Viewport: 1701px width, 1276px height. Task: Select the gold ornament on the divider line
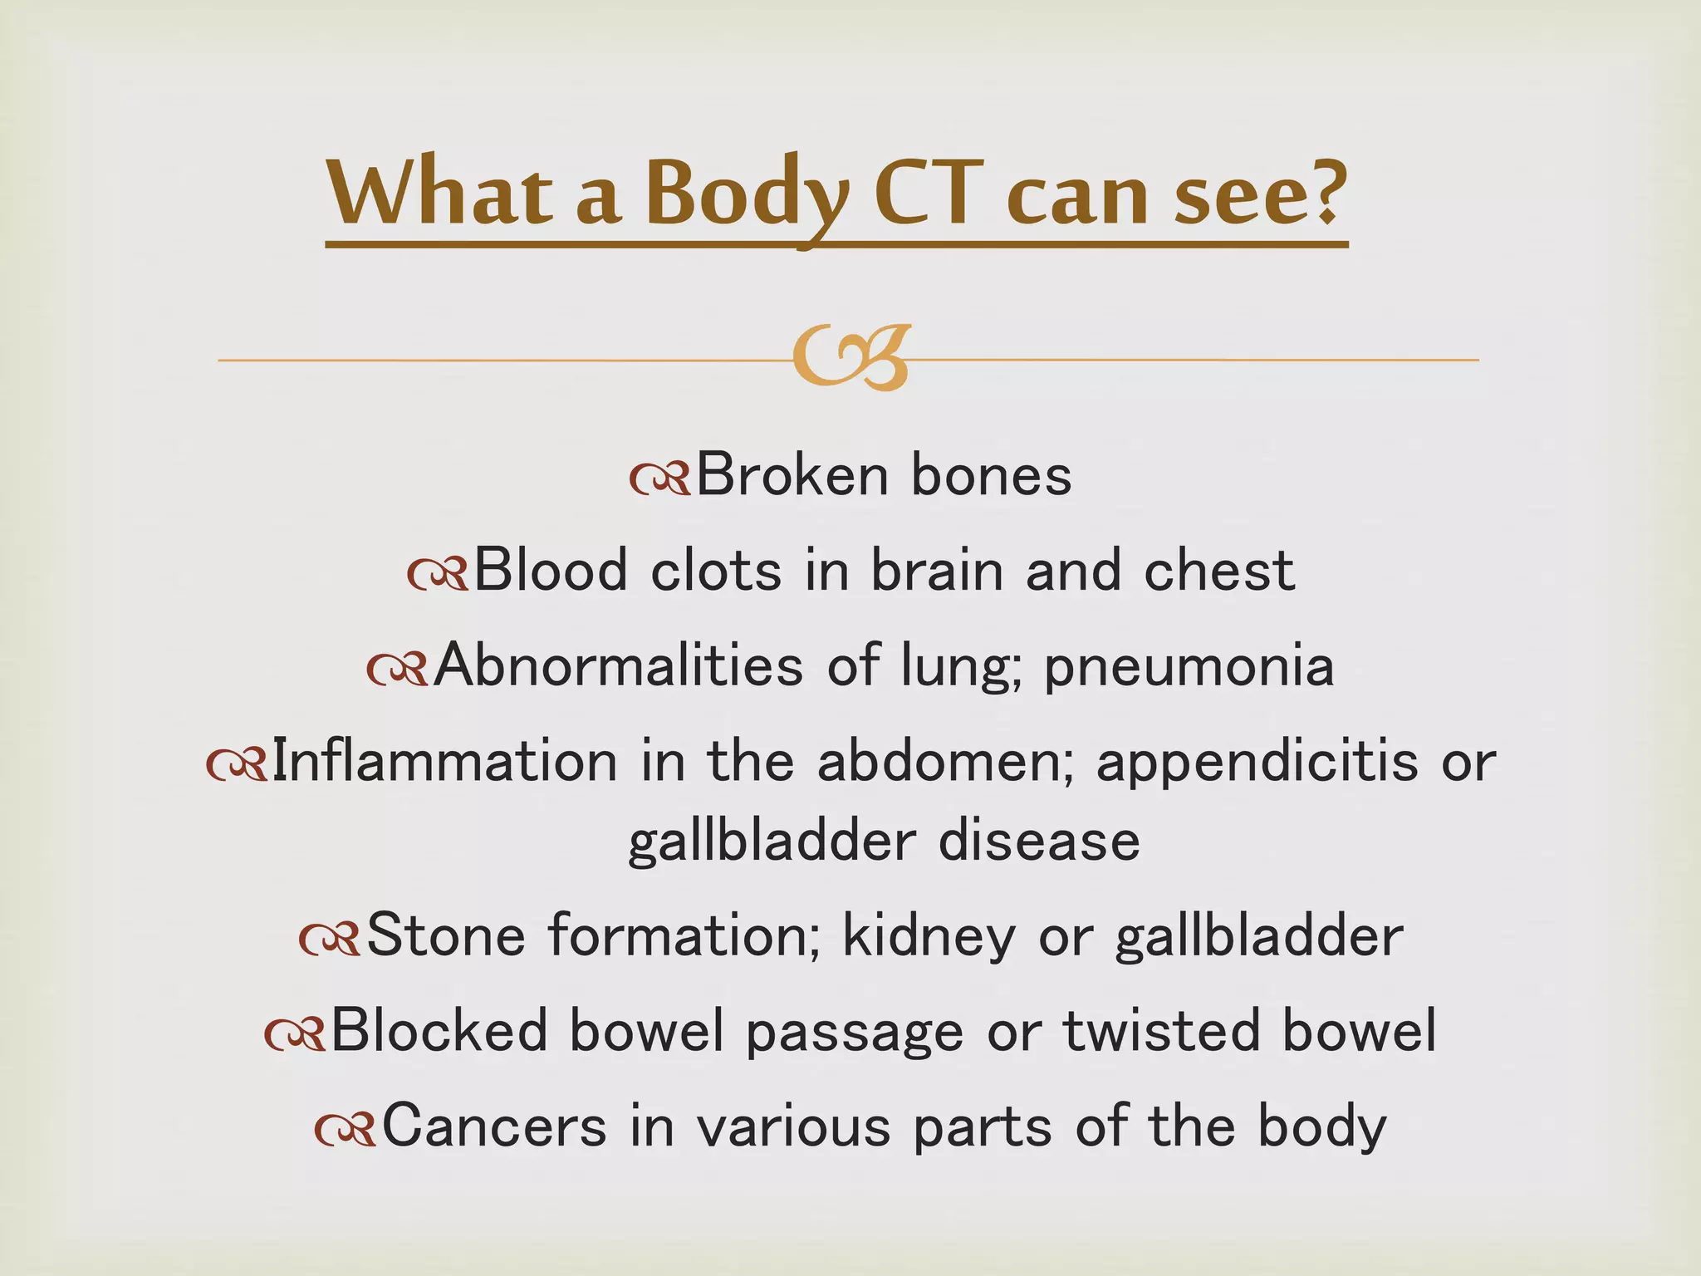pyautogui.click(x=851, y=358)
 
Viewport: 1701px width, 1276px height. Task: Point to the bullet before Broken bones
pyautogui.click(x=659, y=479)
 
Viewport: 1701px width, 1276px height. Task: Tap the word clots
pyautogui.click(x=716, y=572)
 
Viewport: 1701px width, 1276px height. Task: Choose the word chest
pyautogui.click(x=1219, y=572)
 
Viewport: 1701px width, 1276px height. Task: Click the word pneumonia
pyautogui.click(x=1189, y=667)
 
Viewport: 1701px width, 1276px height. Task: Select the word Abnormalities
pyautogui.click(x=619, y=665)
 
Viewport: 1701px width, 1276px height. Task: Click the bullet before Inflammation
pyautogui.click(x=237, y=765)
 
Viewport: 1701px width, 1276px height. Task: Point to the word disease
pyautogui.click(x=1039, y=842)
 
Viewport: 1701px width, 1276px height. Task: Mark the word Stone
pyautogui.click(x=445, y=936)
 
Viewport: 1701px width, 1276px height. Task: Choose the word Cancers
pyautogui.click(x=494, y=1127)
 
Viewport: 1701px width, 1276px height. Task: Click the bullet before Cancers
pyautogui.click(x=346, y=1130)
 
